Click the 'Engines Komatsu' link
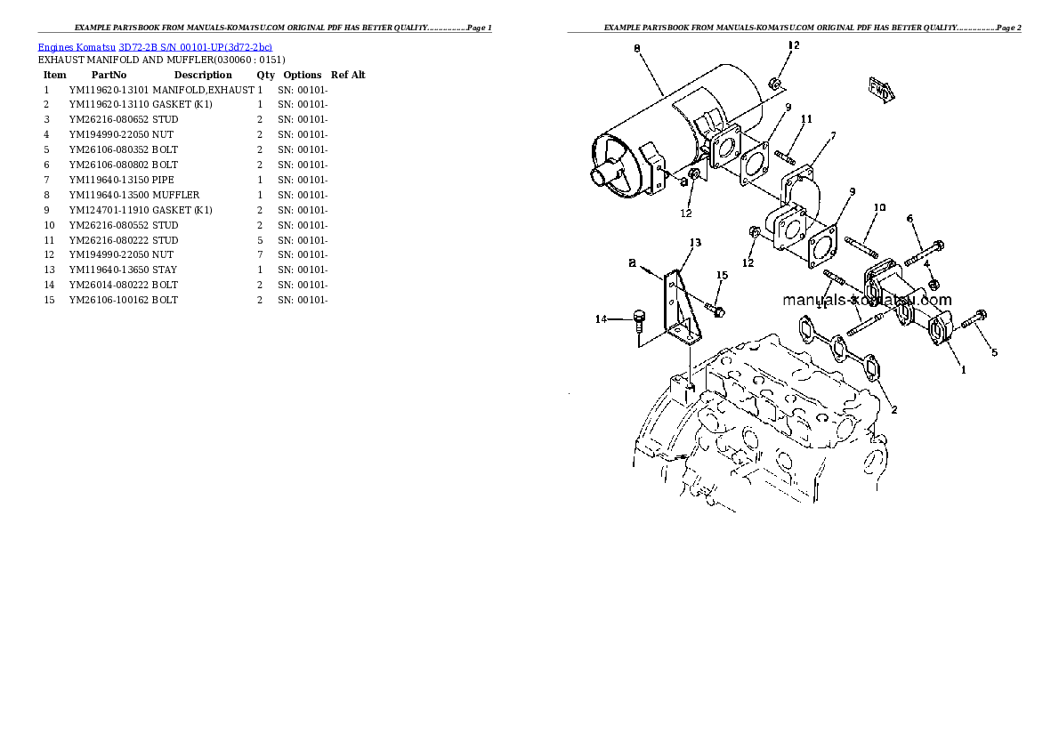tap(77, 47)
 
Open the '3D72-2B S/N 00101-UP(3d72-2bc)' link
tap(196, 47)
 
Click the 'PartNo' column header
tap(109, 75)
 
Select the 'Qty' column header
tap(265, 75)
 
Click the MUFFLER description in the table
tap(175, 195)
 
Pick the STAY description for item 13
tap(164, 270)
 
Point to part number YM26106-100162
tap(109, 300)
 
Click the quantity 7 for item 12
tap(259, 254)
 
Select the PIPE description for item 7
tap(163, 181)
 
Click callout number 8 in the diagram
tap(637, 49)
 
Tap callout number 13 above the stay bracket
tap(695, 243)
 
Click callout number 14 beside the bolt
tap(601, 318)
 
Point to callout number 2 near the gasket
tap(893, 409)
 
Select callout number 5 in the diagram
tap(994, 352)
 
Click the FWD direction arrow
tap(882, 90)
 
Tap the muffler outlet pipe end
tap(600, 177)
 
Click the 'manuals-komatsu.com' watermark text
tap(867, 300)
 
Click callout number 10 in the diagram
tap(878, 207)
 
